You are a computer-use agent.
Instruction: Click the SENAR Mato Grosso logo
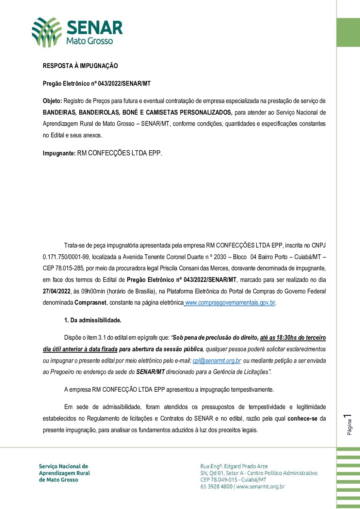pyautogui.click(x=77, y=32)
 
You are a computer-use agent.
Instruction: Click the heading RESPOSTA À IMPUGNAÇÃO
pyautogui.click(x=80, y=66)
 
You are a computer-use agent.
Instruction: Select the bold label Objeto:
pyautogui.click(x=52, y=101)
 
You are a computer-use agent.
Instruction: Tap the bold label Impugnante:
pyautogui.click(x=59, y=153)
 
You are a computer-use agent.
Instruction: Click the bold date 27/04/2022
pyautogui.click(x=56, y=291)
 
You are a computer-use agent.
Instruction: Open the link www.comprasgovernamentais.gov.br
pyautogui.click(x=230, y=303)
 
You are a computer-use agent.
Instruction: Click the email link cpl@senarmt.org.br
pyautogui.click(x=217, y=361)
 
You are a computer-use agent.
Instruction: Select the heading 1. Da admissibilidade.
pyautogui.click(x=93, y=320)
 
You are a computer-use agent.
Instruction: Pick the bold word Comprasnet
pyautogui.click(x=90, y=303)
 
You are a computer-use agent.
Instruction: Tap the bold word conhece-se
pyautogui.click(x=302, y=419)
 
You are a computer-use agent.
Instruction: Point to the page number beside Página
pyautogui.click(x=348, y=417)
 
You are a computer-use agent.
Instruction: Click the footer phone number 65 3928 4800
pyautogui.click(x=216, y=487)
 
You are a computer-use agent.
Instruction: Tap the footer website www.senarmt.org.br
pyautogui.click(x=260, y=487)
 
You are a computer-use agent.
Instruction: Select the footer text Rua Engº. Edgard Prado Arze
pyautogui.click(x=234, y=466)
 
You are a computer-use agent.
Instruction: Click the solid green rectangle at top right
pyautogui.click(x=348, y=33)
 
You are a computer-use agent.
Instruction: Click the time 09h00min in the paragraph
pyautogui.click(x=93, y=291)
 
